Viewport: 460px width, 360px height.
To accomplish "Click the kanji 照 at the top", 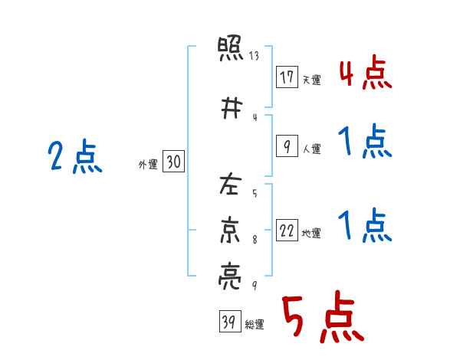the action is coord(230,48).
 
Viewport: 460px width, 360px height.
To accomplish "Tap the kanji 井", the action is coord(232,108).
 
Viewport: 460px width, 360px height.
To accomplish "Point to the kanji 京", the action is coord(230,230).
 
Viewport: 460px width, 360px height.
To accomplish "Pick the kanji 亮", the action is coord(230,277).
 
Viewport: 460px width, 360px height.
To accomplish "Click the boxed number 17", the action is coord(287,77).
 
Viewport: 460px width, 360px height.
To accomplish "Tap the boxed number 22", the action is coord(287,230).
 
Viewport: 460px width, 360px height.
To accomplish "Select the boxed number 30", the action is coord(173,162).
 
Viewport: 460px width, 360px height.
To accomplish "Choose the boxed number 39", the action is coord(230,321).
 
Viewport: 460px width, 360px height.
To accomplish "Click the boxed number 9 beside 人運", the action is coord(287,146).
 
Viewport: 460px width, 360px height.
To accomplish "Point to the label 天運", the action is coord(311,80).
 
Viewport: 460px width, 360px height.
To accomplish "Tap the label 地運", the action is coord(311,233).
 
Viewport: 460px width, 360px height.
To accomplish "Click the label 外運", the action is coord(148,165).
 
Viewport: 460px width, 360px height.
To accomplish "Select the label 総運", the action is coord(255,325).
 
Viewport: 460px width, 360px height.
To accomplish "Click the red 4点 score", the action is coord(366,73).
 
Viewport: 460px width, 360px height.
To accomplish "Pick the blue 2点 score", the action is coord(75,156).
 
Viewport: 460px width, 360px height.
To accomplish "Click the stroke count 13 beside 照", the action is coord(254,55).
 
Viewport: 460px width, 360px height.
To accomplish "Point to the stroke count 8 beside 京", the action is coord(255,240).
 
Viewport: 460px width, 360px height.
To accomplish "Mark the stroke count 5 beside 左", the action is coord(255,193).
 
